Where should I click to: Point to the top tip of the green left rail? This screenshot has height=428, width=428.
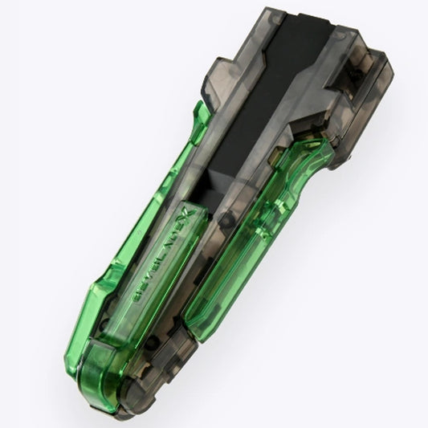pyautogui.click(x=200, y=108)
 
